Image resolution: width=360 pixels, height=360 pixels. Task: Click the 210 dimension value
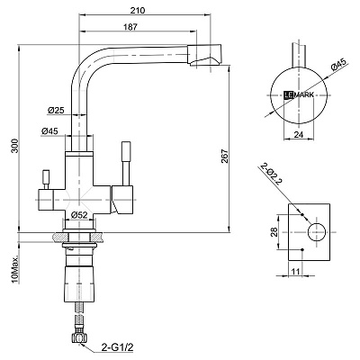click(138, 10)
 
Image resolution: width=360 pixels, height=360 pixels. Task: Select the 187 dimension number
click(130, 27)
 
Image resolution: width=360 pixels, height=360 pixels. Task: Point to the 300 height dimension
click(14, 146)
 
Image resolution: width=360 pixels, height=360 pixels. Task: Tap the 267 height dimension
click(225, 156)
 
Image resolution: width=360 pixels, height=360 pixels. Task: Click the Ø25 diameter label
click(56, 111)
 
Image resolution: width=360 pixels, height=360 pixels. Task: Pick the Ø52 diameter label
click(79, 215)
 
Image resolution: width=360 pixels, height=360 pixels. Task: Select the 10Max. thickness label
click(14, 270)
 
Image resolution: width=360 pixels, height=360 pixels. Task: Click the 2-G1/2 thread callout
click(117, 347)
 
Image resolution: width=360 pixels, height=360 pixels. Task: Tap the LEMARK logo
click(299, 95)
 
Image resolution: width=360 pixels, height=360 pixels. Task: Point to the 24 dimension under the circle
click(299, 135)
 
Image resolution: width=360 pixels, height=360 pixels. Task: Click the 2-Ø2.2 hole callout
click(270, 174)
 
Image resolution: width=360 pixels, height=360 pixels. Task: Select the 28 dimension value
click(274, 232)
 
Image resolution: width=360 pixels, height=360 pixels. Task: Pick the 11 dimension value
click(296, 272)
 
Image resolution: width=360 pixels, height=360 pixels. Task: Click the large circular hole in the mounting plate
click(317, 232)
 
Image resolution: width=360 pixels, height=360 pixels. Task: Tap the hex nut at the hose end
click(78, 338)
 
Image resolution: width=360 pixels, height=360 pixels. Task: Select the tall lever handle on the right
click(125, 164)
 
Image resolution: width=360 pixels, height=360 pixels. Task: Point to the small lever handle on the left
click(46, 179)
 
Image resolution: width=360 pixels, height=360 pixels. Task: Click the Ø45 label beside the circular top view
click(338, 65)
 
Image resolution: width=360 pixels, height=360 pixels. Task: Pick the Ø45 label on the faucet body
click(50, 131)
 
